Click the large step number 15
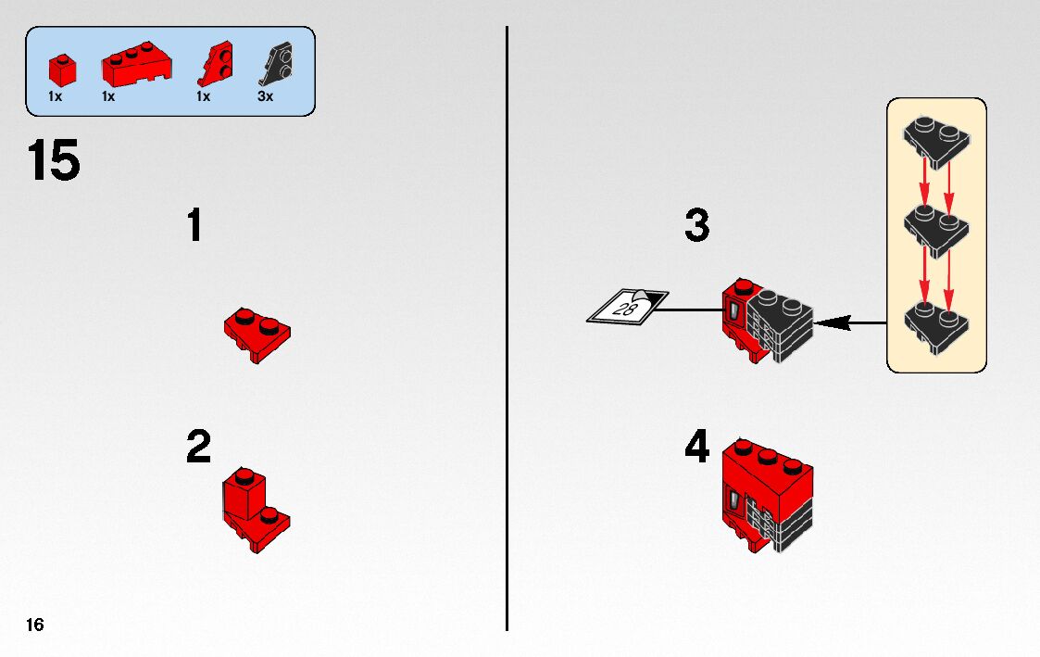54,161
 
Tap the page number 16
34,625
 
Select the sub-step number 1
194,226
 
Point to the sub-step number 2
199,448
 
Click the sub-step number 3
697,226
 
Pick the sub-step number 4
697,448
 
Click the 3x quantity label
266,96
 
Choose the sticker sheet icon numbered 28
628,307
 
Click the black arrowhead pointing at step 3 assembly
833,322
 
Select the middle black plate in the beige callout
935,226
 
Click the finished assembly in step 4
766,496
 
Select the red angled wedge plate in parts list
215,66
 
